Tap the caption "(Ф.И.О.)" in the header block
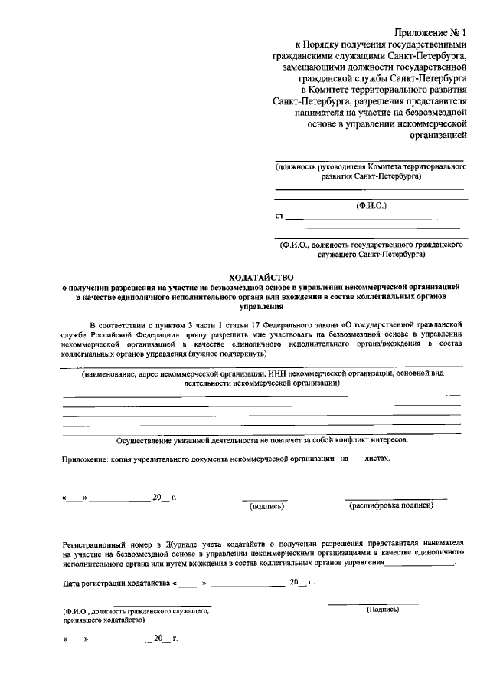[371, 206]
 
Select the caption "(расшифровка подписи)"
[391, 505]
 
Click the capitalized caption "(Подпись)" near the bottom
[384, 610]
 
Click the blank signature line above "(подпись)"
[265, 499]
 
